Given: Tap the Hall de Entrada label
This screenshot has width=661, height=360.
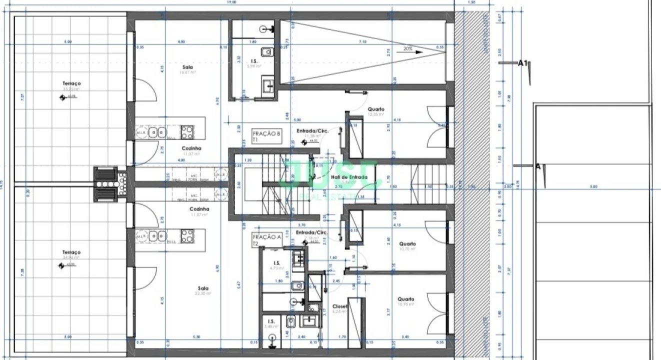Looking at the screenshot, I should pos(349,177).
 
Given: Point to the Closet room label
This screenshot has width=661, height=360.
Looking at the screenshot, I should pos(340,306).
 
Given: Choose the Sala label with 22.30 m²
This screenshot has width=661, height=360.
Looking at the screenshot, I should pos(202,288).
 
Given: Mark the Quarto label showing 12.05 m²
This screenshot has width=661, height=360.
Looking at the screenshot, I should pos(376,109).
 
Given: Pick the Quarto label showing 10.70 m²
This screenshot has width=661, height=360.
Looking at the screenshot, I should pos(407,244).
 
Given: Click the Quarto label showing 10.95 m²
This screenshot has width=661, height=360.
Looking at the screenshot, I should pos(406,299).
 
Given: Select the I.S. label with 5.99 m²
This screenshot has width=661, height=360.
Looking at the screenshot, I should pos(254,61).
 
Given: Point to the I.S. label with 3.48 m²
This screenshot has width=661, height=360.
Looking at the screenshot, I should pos(271,321).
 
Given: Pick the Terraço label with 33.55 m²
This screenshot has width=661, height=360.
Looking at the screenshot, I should pos(71,83).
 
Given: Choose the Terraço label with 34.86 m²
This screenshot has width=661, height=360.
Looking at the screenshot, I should pos(71,252).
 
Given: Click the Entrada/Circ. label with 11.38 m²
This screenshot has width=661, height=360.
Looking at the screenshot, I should pos(312,131).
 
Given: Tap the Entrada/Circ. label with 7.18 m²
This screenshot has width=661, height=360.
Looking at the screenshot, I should pos(311,232).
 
